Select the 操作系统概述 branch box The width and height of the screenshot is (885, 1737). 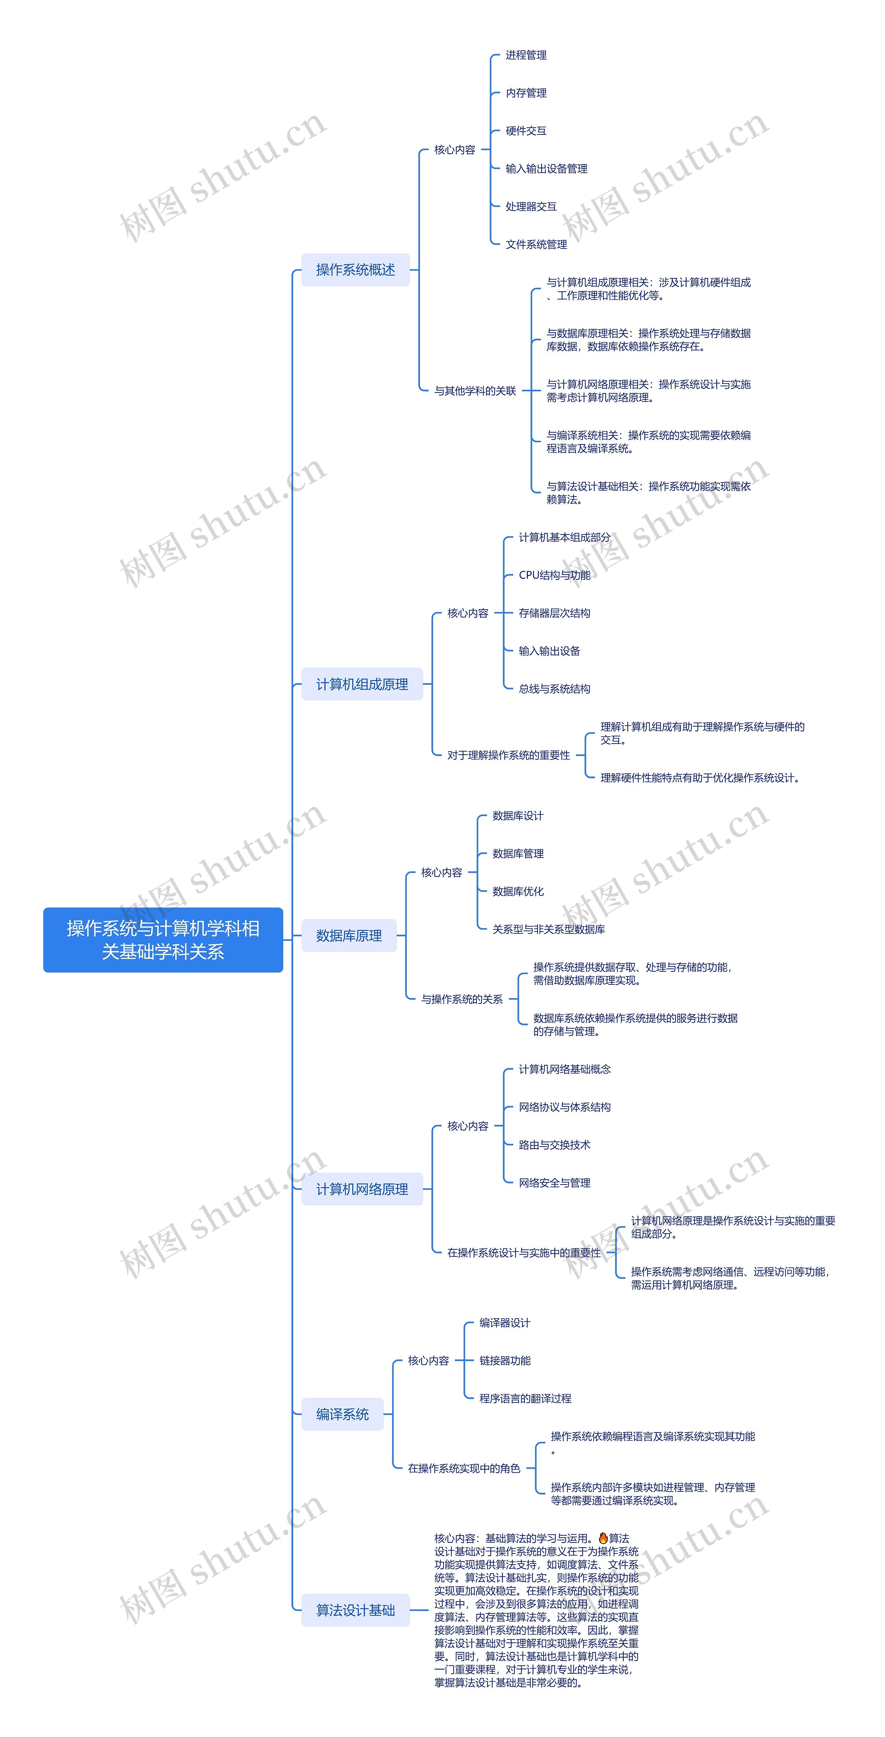tap(355, 270)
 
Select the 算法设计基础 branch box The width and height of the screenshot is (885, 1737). tap(355, 1610)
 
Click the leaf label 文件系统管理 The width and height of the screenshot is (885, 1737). tap(536, 244)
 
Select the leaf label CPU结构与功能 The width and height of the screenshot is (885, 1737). tap(555, 575)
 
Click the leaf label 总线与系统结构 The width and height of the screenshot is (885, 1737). tap(555, 688)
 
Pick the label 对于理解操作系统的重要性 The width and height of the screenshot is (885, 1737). tap(509, 755)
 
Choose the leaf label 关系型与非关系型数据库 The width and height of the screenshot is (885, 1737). tap(548, 929)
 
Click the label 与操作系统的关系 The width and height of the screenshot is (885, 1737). tap(462, 999)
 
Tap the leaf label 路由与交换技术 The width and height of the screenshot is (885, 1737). tap(555, 1145)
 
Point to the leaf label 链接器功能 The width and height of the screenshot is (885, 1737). tap(505, 1361)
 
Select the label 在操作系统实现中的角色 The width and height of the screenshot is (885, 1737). tap(464, 1469)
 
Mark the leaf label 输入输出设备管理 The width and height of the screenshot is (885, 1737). tap(546, 169)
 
